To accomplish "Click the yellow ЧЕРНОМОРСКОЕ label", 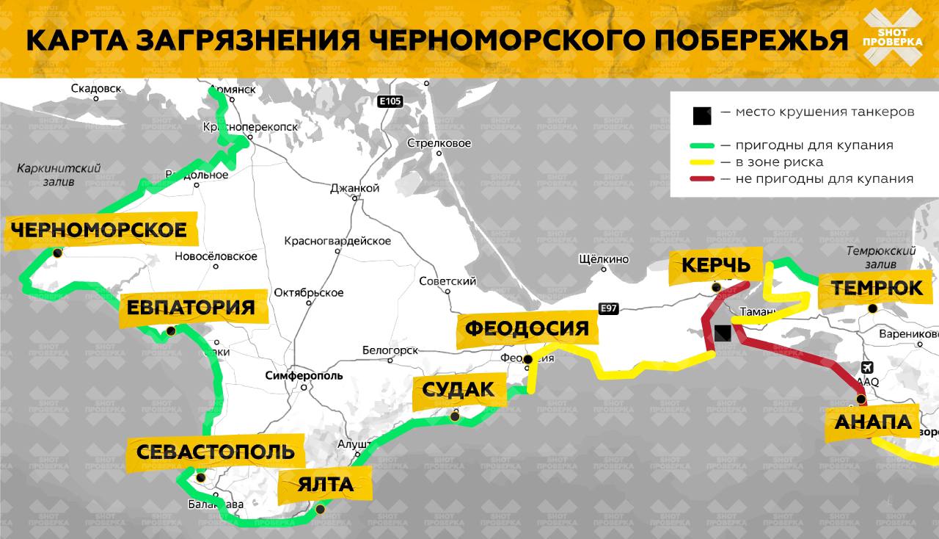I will click(98, 231).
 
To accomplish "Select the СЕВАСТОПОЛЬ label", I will click(215, 452).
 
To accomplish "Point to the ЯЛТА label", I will click(325, 485).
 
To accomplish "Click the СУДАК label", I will click(458, 390).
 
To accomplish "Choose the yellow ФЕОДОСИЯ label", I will click(527, 328).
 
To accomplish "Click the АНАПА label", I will click(872, 423).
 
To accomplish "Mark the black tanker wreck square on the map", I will click(723, 333).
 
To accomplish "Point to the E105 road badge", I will click(390, 102).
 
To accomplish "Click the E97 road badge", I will click(608, 309).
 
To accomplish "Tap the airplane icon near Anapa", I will click(867, 367).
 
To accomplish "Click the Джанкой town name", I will click(354, 188).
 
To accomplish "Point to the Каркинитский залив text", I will click(59, 175).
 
